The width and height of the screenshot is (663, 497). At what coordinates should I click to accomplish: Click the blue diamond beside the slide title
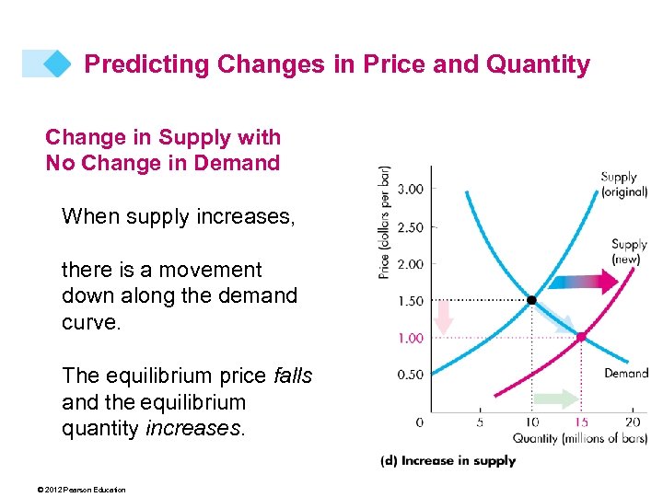[x=57, y=64]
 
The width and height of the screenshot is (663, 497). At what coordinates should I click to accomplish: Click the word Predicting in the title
[x=133, y=64]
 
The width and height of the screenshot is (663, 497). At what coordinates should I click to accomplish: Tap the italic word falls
[x=293, y=376]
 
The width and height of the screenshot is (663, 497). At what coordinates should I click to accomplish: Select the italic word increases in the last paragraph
[x=195, y=428]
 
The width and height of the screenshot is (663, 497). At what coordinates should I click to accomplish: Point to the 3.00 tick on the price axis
[x=411, y=190]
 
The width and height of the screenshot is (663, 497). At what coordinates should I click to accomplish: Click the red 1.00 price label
[x=411, y=338]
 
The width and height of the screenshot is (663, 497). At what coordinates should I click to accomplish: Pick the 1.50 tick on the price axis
[x=411, y=301]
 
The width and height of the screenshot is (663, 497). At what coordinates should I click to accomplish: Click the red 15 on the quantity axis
[x=581, y=422]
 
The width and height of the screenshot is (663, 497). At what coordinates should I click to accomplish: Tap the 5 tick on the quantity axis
[x=480, y=422]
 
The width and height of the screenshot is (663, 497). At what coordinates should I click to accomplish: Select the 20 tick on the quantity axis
[x=634, y=422]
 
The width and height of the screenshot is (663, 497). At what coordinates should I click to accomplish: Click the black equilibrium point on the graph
[x=531, y=300]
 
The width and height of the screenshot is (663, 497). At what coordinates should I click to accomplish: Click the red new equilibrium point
[x=581, y=337]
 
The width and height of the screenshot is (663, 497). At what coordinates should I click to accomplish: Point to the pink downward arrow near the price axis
[x=444, y=317]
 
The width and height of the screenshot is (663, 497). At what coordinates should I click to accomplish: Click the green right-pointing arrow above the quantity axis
[x=556, y=399]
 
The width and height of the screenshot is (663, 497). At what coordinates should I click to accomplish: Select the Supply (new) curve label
[x=629, y=251]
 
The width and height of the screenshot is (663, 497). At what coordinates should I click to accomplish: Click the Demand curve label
[x=626, y=374]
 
